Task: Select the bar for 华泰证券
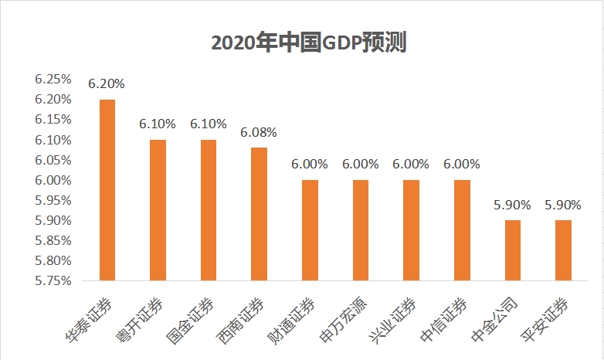107,189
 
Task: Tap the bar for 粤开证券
158,209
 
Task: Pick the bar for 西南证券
259,213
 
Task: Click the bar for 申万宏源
361,229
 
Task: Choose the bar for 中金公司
512,250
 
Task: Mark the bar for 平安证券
563,250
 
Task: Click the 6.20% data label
107,83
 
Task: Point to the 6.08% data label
259,132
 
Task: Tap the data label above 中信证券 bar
462,164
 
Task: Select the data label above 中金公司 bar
512,205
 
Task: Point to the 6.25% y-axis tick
53,80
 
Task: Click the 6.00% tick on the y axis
53,180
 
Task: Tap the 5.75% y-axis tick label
53,280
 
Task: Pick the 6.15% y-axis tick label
53,120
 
